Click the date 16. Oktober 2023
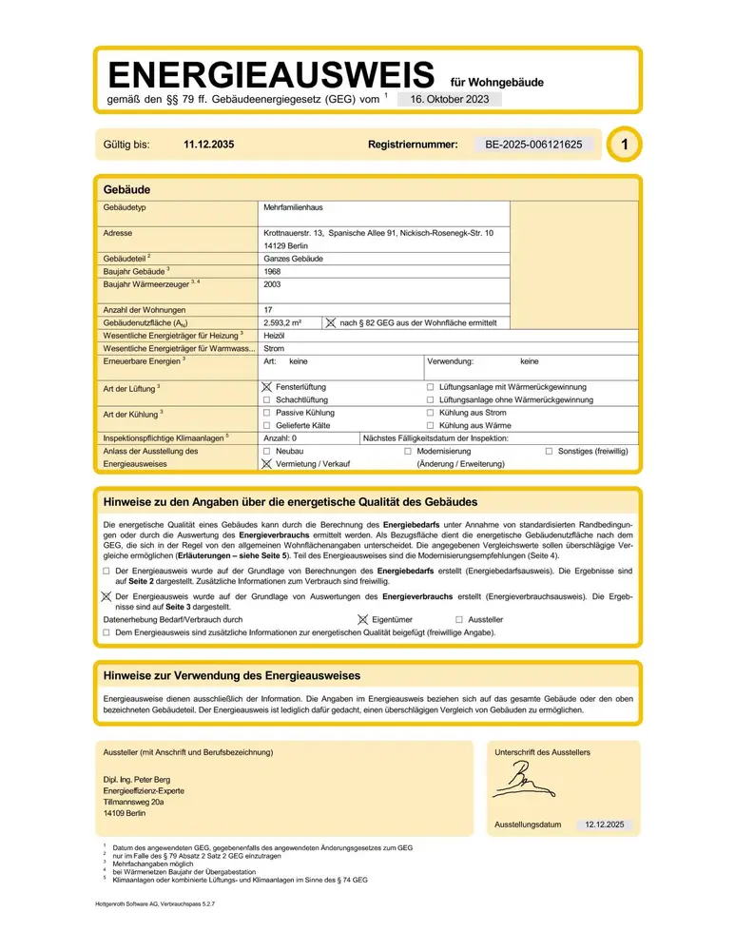[450, 99]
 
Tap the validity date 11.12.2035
[208, 146]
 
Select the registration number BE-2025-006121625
[533, 146]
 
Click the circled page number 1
[623, 145]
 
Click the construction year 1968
[272, 271]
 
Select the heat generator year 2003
[272, 283]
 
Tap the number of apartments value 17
[267, 310]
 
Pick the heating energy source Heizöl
[275, 336]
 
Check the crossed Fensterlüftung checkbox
[267, 388]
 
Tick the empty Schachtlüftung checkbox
[267, 400]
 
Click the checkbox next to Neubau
[267, 451]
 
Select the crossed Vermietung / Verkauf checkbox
[267, 464]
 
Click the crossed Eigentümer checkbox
[362, 619]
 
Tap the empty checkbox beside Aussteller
[459, 619]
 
